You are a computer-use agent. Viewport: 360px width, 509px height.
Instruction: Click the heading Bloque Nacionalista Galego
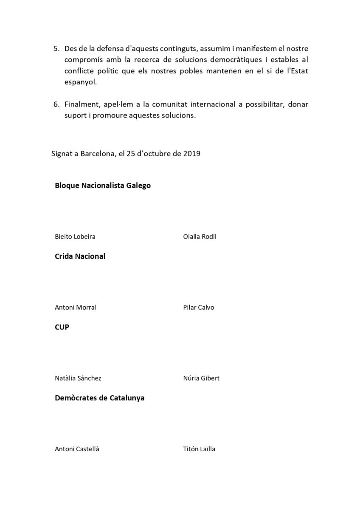[x=103, y=185]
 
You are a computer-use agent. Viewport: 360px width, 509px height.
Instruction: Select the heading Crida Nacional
[x=80, y=256]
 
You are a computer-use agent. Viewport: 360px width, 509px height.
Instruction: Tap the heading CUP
[x=62, y=327]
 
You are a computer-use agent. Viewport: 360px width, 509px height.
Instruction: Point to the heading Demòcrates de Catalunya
[x=100, y=398]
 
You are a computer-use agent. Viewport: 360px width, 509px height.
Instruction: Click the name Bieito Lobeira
[x=75, y=236]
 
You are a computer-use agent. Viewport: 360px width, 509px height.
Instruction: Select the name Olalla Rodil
[x=200, y=236]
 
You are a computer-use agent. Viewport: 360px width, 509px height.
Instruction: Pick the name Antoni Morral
[x=75, y=307]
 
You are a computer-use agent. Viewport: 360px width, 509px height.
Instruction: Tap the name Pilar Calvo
[x=198, y=307]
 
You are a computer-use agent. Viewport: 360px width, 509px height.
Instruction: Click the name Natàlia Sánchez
[x=78, y=378]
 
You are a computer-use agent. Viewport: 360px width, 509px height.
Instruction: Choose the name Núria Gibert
[x=201, y=378]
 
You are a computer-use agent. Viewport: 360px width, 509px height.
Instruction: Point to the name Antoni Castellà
[x=77, y=449]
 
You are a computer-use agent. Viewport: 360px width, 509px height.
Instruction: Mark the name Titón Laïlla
[x=199, y=449]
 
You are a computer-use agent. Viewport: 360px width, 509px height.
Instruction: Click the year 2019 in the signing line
[x=192, y=153]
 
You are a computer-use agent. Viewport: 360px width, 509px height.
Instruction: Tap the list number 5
[x=56, y=49]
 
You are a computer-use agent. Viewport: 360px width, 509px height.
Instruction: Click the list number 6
[x=56, y=104]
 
